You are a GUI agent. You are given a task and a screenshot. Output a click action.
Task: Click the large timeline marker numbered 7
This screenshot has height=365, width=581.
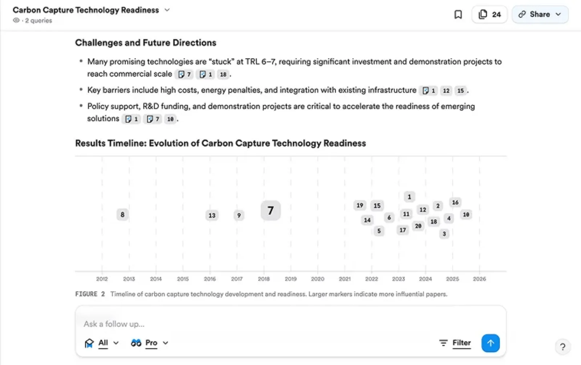(271, 211)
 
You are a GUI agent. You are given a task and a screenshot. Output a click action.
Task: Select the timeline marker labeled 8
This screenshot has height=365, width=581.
(122, 215)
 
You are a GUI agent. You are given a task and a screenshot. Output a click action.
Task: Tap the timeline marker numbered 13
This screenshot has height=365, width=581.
(212, 215)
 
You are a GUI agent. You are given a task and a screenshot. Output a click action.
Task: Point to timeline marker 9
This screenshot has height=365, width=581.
(239, 215)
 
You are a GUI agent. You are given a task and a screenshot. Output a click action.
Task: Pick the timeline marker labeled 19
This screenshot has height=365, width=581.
(359, 206)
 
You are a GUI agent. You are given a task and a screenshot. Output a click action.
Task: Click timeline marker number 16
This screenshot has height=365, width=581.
(455, 202)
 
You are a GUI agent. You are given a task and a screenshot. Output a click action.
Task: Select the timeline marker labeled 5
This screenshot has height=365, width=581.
(379, 231)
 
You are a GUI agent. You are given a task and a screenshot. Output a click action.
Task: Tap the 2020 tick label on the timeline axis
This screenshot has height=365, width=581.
(317, 279)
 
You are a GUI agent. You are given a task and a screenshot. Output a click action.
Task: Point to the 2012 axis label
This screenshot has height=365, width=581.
(102, 279)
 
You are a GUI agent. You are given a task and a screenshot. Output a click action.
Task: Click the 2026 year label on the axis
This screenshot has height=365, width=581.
(479, 279)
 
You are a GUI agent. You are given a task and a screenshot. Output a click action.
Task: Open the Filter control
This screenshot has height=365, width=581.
(455, 343)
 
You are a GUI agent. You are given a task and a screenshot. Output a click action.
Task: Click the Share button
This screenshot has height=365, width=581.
(540, 15)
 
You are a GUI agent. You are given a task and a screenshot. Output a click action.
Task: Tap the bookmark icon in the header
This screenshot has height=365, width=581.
(458, 15)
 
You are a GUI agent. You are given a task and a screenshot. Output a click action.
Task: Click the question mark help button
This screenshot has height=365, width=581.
(562, 347)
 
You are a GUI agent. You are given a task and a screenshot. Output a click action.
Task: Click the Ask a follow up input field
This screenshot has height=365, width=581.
(254, 324)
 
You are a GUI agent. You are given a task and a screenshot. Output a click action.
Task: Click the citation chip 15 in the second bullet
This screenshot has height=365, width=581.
(460, 91)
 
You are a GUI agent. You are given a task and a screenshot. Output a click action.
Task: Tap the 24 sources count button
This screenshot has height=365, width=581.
(489, 15)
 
